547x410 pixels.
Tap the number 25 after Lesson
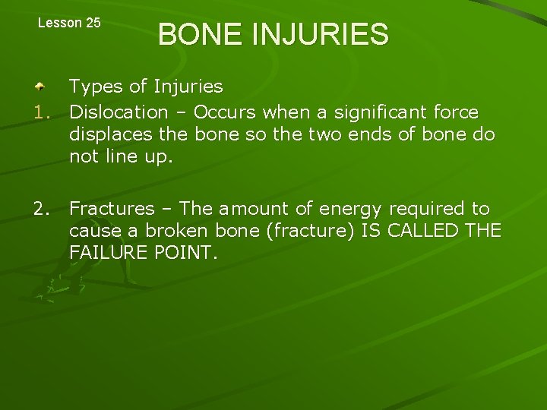pos(92,23)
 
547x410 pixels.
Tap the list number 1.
pos(46,112)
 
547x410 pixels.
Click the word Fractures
pos(112,208)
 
